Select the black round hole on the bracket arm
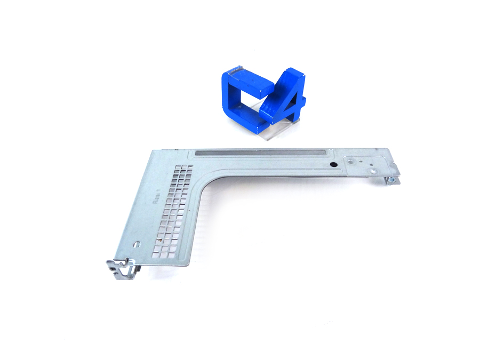coord(333,165)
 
